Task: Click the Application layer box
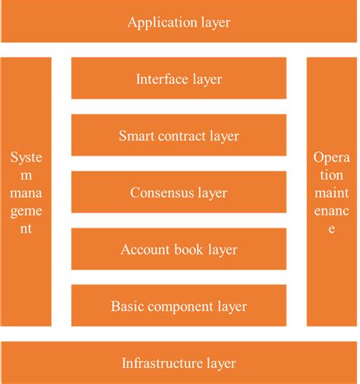pos(179,21)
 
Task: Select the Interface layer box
pos(179,78)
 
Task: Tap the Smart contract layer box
pos(179,135)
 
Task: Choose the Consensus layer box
pos(179,192)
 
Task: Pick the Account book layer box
pos(179,249)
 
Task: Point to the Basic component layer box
pos(179,306)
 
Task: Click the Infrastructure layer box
pos(179,363)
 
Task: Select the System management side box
pos(27,193)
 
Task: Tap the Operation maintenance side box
pos(331,193)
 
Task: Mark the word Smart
pos(135,136)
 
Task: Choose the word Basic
pos(126,307)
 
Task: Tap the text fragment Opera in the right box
pos(331,157)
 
